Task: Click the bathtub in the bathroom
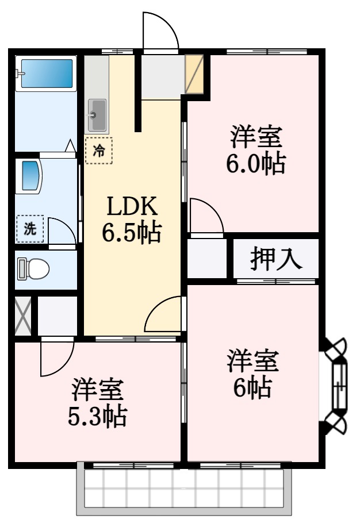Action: pos(47,74)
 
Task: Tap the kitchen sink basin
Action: pos(97,116)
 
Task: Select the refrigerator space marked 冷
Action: pos(99,151)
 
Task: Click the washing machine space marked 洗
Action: pos(30,229)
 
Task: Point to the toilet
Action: pos(33,268)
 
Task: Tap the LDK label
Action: pos(132,206)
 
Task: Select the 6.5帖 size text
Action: pos(132,232)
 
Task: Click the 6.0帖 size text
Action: pos(256,163)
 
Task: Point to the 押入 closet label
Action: pos(276,258)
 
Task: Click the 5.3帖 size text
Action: pos(97,416)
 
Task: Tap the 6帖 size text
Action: pos(252,387)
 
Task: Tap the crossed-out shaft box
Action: pos(23,316)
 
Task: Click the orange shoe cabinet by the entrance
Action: pos(194,74)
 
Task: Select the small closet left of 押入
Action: pos(207,258)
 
